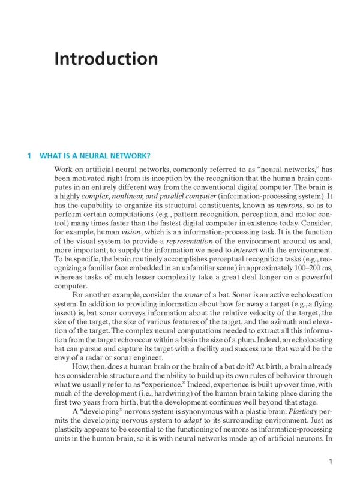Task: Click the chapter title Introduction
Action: [106, 59]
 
